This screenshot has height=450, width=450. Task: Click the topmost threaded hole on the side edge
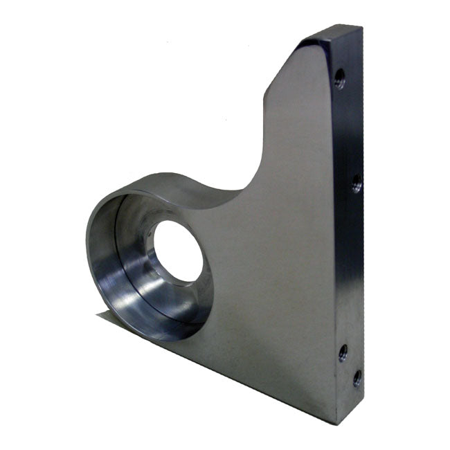coord(339,78)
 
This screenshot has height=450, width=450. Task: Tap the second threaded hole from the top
coord(357,183)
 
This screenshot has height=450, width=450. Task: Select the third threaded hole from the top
coord(343,352)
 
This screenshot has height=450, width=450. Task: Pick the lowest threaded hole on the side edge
coord(357,378)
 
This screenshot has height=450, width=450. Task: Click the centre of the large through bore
coord(178,251)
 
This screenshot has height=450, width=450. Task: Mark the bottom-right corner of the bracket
coord(337,423)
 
